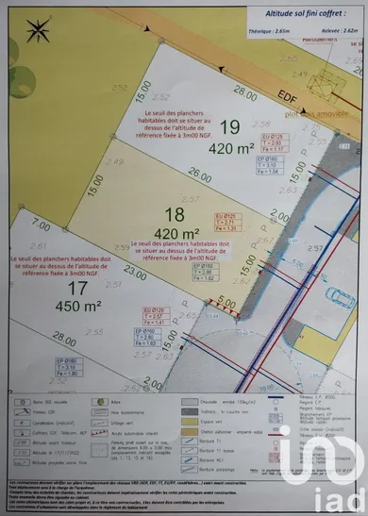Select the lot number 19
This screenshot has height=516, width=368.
click(x=229, y=126)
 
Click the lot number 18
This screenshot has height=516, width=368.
click(x=175, y=214)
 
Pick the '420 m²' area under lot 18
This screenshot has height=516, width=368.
click(x=176, y=233)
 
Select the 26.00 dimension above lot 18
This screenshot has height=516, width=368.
click(x=199, y=175)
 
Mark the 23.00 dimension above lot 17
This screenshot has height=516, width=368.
click(x=135, y=274)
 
